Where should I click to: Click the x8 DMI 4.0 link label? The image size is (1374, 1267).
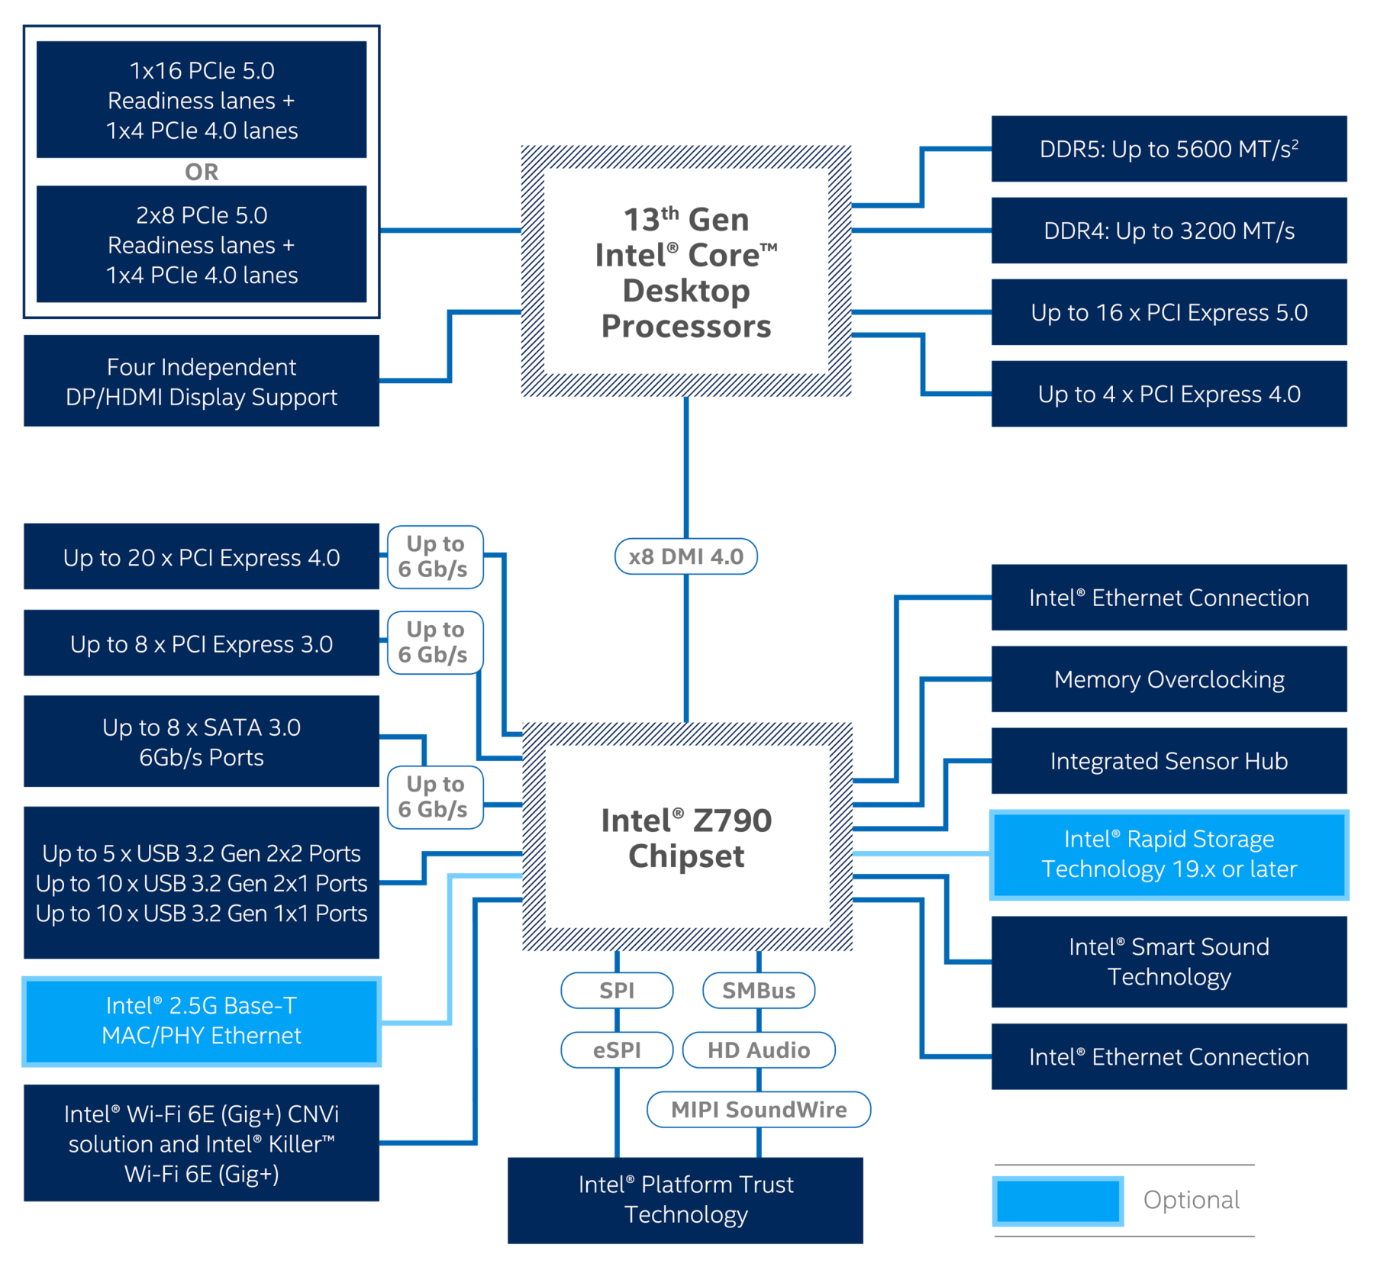click(685, 556)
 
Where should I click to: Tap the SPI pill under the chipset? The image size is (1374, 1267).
click(617, 990)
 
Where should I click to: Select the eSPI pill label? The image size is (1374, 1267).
click(617, 1049)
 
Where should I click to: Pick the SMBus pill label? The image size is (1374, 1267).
click(759, 990)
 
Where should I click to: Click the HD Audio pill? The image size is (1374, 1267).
click(759, 1049)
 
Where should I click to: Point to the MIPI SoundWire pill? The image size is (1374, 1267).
click(759, 1109)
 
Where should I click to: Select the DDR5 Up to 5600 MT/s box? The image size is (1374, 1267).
click(1169, 149)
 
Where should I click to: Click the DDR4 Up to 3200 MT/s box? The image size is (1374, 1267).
click(1169, 231)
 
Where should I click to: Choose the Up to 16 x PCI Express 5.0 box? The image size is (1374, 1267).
click(1169, 312)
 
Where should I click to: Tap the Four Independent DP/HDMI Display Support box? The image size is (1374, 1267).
click(202, 381)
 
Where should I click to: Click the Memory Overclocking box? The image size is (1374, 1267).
click(1169, 679)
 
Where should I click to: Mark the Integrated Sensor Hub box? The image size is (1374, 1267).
click(1169, 761)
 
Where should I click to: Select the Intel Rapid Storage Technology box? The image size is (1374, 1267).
click(1169, 854)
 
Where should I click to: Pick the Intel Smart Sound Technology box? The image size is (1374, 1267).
click(1169, 962)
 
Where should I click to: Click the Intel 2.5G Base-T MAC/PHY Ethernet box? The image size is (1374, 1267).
click(202, 1020)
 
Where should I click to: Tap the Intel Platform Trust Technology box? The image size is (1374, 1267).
click(685, 1200)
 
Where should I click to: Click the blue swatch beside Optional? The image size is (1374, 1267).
click(1058, 1201)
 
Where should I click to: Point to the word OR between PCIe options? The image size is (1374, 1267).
click(202, 172)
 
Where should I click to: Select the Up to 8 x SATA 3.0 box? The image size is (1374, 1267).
click(202, 741)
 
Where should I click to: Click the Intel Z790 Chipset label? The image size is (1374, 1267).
click(686, 838)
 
